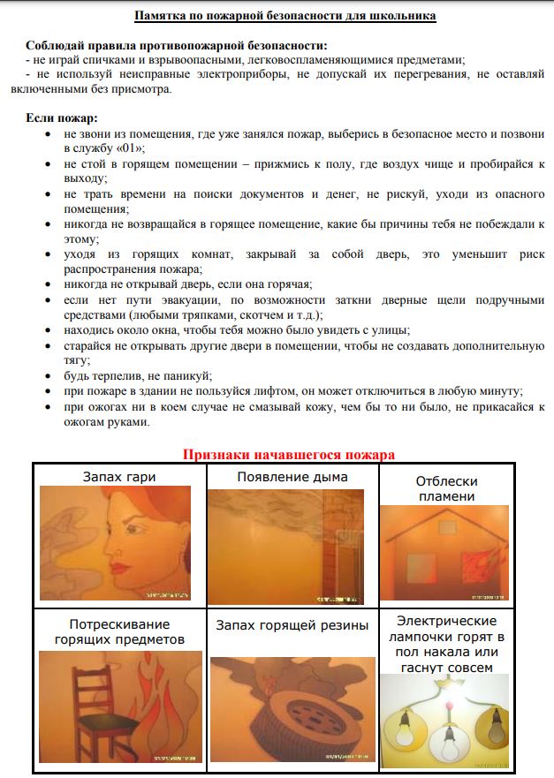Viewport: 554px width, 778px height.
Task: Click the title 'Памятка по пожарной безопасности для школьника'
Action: [285, 16]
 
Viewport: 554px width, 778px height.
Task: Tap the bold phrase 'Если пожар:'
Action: [62, 117]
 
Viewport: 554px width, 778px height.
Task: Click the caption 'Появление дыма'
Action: [292, 477]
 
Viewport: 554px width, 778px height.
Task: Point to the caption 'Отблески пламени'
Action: [446, 488]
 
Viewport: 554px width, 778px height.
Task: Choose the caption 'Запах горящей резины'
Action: [292, 625]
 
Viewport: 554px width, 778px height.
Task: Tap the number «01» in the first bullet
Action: [133, 147]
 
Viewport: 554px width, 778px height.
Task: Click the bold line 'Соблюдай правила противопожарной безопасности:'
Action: [176, 45]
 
